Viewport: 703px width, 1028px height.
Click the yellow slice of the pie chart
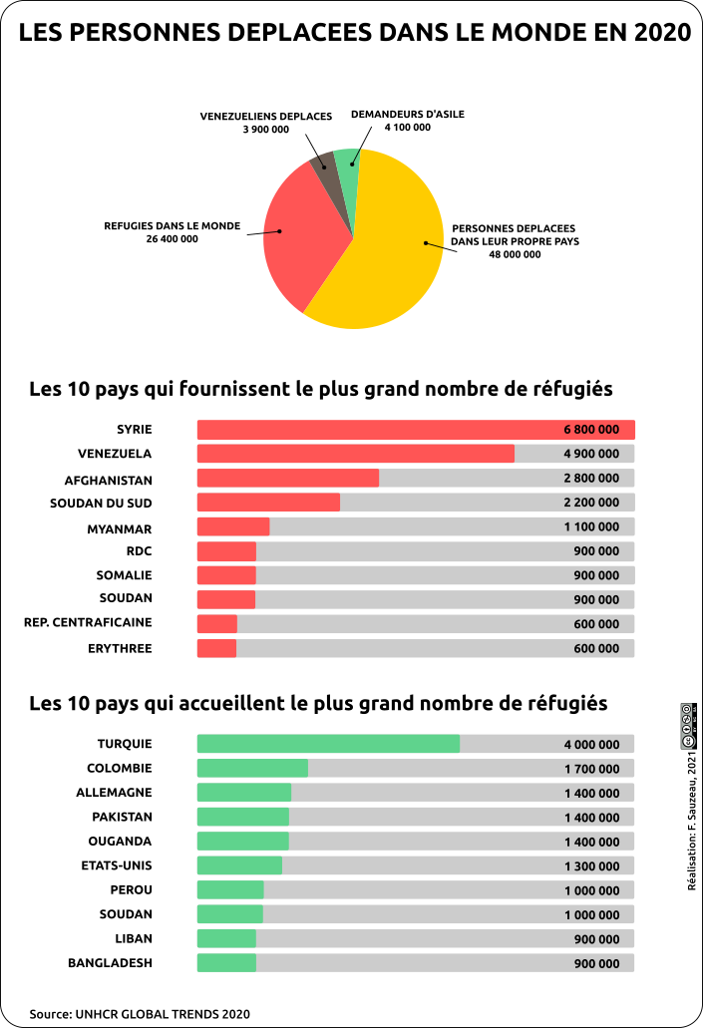pyautogui.click(x=387, y=249)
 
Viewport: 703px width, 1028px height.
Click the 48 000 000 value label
pyautogui.click(x=515, y=254)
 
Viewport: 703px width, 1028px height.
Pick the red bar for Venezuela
pyautogui.click(x=355, y=454)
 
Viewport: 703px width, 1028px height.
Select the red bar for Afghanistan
pyautogui.click(x=288, y=478)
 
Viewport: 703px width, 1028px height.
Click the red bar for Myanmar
pyautogui.click(x=233, y=526)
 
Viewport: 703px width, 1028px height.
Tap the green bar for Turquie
pyautogui.click(x=328, y=744)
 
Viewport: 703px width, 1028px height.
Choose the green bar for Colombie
pyautogui.click(x=252, y=768)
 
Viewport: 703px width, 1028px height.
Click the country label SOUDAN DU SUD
pyautogui.click(x=101, y=503)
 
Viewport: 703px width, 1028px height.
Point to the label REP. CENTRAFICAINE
pyautogui.click(x=88, y=622)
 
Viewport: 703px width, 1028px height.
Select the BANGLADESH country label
pyautogui.click(x=110, y=963)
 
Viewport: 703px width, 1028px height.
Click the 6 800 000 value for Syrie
pyautogui.click(x=591, y=430)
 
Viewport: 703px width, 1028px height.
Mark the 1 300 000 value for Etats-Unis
pyautogui.click(x=592, y=866)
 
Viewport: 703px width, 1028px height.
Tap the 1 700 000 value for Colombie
pyautogui.click(x=592, y=769)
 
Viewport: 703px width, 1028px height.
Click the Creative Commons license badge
pyautogui.click(x=689, y=726)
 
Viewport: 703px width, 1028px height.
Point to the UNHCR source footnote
pyautogui.click(x=140, y=1014)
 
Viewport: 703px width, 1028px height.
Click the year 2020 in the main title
pyautogui.click(x=662, y=32)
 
